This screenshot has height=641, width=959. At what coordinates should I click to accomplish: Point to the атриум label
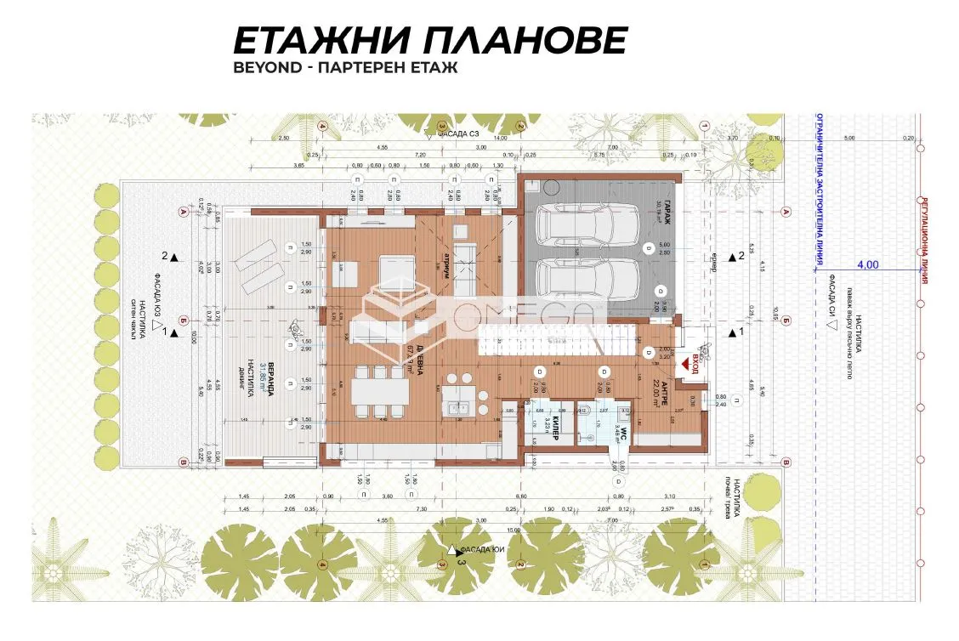443,263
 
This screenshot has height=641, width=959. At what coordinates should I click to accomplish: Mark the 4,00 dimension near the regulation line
867,264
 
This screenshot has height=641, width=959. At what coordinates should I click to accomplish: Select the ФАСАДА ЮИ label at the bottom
477,550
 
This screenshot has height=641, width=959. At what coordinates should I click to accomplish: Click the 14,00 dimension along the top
500,137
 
